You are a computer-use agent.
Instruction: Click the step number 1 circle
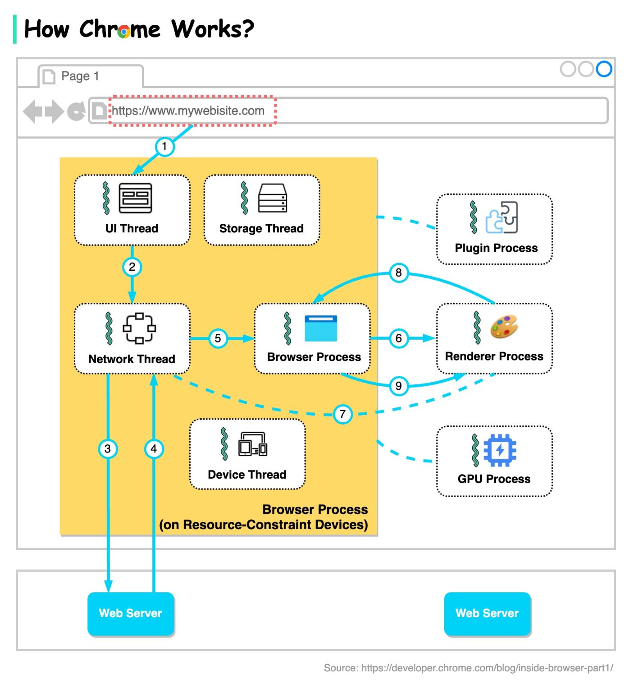[164, 147]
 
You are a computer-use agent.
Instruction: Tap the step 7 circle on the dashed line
[342, 414]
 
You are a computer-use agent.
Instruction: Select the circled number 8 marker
[399, 273]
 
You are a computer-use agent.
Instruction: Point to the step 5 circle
[218, 338]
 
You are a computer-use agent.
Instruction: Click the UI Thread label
[132, 229]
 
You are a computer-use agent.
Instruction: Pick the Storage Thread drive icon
[273, 198]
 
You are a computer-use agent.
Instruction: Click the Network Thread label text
[132, 359]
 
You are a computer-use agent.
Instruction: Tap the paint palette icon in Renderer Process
[504, 327]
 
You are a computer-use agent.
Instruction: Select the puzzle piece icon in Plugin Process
[501, 217]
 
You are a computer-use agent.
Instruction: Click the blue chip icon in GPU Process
[500, 450]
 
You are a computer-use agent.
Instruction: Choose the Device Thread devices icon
[253, 444]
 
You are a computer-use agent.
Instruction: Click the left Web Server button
[131, 614]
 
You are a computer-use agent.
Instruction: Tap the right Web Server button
[487, 614]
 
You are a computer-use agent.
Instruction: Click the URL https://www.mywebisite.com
[188, 111]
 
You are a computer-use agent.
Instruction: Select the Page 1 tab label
[80, 76]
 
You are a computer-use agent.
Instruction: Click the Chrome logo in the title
[124, 31]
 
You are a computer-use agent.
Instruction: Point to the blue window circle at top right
[604, 69]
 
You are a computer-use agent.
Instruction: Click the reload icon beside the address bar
[76, 111]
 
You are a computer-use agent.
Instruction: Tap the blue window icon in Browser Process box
[321, 328]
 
